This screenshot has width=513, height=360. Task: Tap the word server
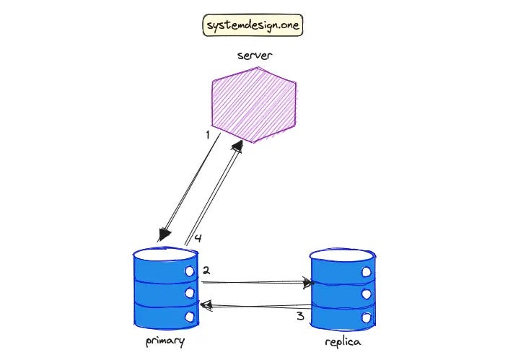click(255, 56)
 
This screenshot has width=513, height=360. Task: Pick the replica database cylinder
click(342, 289)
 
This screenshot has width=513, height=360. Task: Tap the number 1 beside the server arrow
click(207, 135)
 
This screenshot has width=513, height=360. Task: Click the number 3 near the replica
click(300, 315)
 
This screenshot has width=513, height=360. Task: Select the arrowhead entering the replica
click(309, 284)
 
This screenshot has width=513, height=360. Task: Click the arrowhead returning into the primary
click(205, 307)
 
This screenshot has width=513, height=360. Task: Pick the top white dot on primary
click(190, 271)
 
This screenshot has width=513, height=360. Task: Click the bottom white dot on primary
click(190, 317)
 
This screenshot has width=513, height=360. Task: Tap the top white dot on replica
click(366, 271)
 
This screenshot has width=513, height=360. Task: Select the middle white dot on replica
click(366, 294)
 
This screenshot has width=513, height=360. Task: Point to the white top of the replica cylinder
click(342, 255)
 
